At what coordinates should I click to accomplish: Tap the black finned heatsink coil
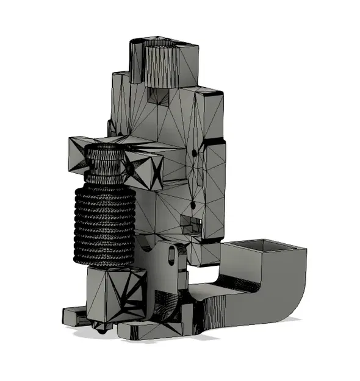(104, 226)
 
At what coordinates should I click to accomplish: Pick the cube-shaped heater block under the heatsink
(116, 296)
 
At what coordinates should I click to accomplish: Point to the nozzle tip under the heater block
(101, 329)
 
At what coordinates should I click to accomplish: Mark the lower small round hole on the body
(193, 204)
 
